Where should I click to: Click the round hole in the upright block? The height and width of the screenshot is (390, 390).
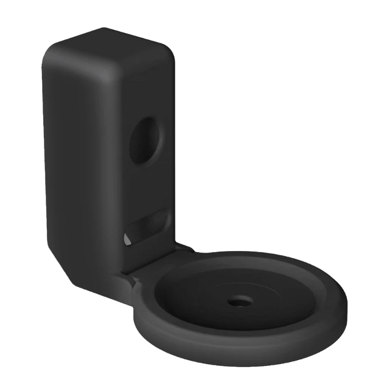click(144, 140)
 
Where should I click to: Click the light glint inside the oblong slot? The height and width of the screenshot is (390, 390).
click(126, 239)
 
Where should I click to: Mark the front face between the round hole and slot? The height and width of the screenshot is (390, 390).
click(149, 188)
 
